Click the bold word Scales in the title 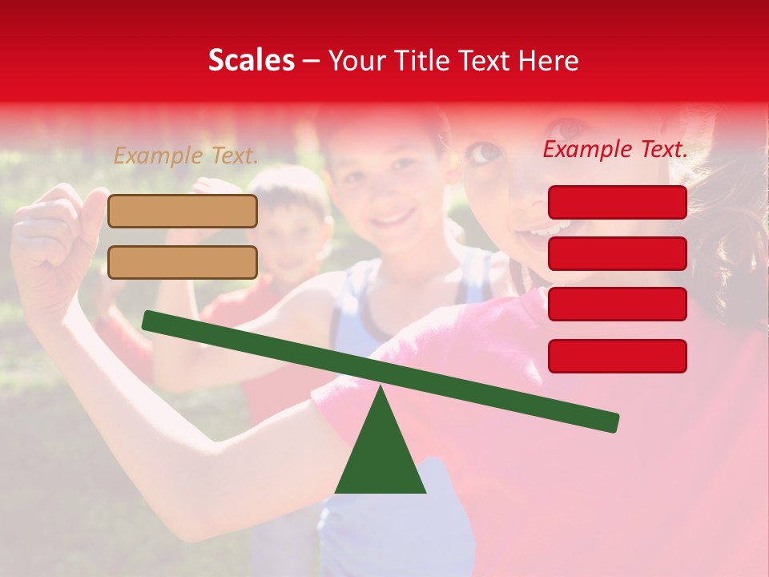(x=251, y=60)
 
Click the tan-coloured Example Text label (x=186, y=156)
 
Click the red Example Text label (x=615, y=149)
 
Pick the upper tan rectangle (x=183, y=211)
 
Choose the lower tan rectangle (x=183, y=262)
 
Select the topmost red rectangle (x=617, y=202)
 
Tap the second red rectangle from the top (x=617, y=253)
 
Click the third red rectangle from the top (x=617, y=304)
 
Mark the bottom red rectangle (x=617, y=356)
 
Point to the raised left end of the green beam (x=149, y=321)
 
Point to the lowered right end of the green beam (x=613, y=422)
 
